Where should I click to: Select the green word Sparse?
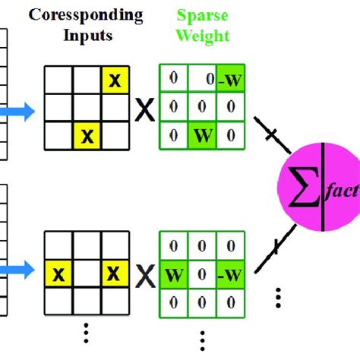(x=194, y=15)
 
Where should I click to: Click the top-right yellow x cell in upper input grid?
(x=115, y=79)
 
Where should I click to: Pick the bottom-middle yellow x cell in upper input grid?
(x=87, y=137)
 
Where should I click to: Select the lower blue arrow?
(x=20, y=267)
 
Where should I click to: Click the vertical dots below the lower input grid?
(x=87, y=331)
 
